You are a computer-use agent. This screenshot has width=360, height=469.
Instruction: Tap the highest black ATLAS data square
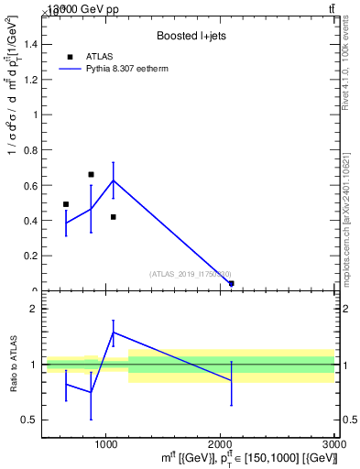pyautogui.click(x=91, y=174)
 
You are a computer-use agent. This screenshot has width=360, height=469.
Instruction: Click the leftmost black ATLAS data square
pyautogui.click(x=66, y=204)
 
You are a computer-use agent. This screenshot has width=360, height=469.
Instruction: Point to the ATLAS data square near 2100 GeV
pyautogui.click(x=231, y=284)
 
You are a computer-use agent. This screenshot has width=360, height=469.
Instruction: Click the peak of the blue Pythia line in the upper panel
pyautogui.click(x=113, y=180)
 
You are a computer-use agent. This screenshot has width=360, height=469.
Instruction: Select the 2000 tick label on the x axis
pyautogui.click(x=220, y=442)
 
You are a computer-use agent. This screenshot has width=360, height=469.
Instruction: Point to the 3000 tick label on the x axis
pyautogui.click(x=333, y=442)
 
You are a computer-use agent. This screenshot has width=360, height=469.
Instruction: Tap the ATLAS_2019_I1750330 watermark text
pyautogui.click(x=191, y=274)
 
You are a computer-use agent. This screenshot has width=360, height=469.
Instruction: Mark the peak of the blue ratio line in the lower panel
pyautogui.click(x=113, y=332)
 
